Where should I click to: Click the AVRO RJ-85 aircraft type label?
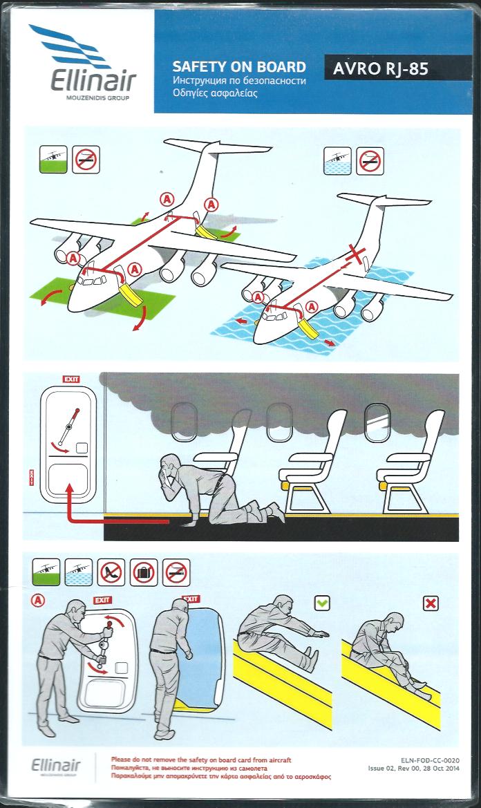(x=380, y=68)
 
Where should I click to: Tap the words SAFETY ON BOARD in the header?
(x=239, y=66)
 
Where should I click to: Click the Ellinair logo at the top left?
(x=83, y=62)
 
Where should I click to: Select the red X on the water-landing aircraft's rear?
(x=357, y=254)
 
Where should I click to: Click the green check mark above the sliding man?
(x=322, y=603)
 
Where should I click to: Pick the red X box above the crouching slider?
(x=431, y=603)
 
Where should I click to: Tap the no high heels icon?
(x=111, y=572)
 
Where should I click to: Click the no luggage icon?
(x=144, y=572)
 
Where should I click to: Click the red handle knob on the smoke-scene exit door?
(x=77, y=411)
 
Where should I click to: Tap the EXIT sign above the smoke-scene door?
(x=71, y=379)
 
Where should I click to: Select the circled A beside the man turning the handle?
(x=38, y=600)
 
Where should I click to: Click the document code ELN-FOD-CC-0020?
(x=430, y=760)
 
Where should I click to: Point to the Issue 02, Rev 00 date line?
(x=413, y=769)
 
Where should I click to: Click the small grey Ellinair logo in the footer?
(x=55, y=766)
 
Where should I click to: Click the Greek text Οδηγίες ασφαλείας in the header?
(x=215, y=94)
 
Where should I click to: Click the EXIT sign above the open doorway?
(x=191, y=599)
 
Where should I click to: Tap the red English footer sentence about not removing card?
(x=201, y=760)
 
